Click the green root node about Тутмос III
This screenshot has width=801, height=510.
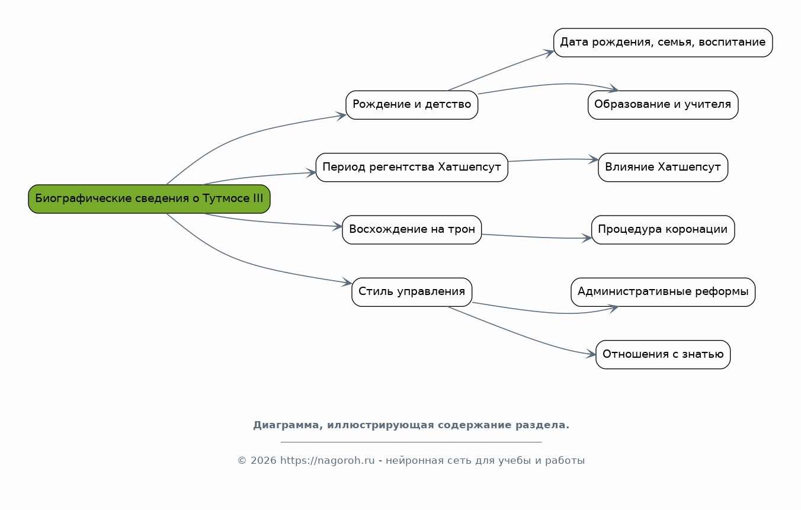click(x=149, y=199)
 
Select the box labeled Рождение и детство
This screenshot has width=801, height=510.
click(x=412, y=105)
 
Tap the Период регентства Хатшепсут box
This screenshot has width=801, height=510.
click(x=412, y=168)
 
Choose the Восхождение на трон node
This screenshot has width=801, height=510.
click(x=412, y=230)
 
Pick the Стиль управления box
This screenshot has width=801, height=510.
click(x=412, y=293)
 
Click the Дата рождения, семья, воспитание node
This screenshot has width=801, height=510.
click(x=663, y=43)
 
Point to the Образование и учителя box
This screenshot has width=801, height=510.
click(x=663, y=105)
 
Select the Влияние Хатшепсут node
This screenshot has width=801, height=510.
click(x=663, y=168)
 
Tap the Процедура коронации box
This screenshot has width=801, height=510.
click(x=663, y=230)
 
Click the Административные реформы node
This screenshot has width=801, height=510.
click(x=663, y=293)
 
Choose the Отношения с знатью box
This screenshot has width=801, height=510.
click(x=663, y=355)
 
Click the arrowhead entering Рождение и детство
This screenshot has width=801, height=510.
click(x=341, y=116)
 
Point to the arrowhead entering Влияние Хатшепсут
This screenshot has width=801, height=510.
click(x=594, y=159)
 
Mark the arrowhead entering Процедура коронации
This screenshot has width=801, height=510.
click(x=587, y=238)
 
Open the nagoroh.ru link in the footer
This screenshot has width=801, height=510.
click(x=327, y=460)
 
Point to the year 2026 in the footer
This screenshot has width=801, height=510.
click(x=263, y=460)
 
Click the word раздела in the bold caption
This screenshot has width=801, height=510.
click(x=542, y=425)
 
